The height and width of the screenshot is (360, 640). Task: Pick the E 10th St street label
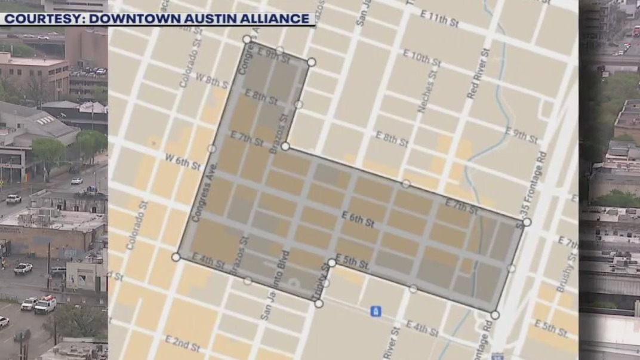coord(421,58)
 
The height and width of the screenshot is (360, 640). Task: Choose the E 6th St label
coord(357,219)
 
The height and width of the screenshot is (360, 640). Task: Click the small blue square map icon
coord(376,311)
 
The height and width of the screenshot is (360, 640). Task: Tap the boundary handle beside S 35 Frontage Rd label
coord(527,222)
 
